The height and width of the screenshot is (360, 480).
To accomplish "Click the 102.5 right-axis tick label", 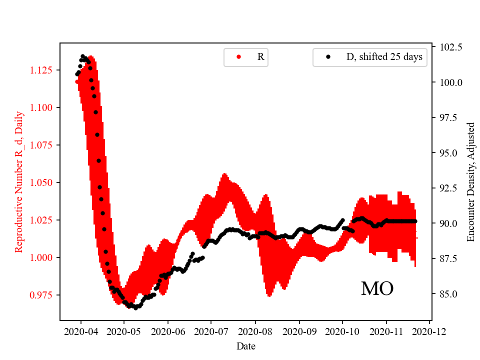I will pos(450,47).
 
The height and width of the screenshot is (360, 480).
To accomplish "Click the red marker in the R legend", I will pos(238,57).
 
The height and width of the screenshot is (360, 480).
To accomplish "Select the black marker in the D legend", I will pos(328,57).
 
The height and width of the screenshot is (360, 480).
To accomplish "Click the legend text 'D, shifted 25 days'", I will pos(384,57).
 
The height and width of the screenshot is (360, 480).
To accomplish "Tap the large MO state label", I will pos(377,288).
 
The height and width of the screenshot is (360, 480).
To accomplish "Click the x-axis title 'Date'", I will pos(246,345).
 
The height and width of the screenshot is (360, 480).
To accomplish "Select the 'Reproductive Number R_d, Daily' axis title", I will pos(19,182).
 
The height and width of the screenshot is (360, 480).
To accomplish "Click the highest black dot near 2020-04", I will pos(82,56).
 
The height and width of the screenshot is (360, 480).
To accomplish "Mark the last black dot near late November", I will pos(415,221).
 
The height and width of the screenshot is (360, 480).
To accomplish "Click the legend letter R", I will pos(260,57).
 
